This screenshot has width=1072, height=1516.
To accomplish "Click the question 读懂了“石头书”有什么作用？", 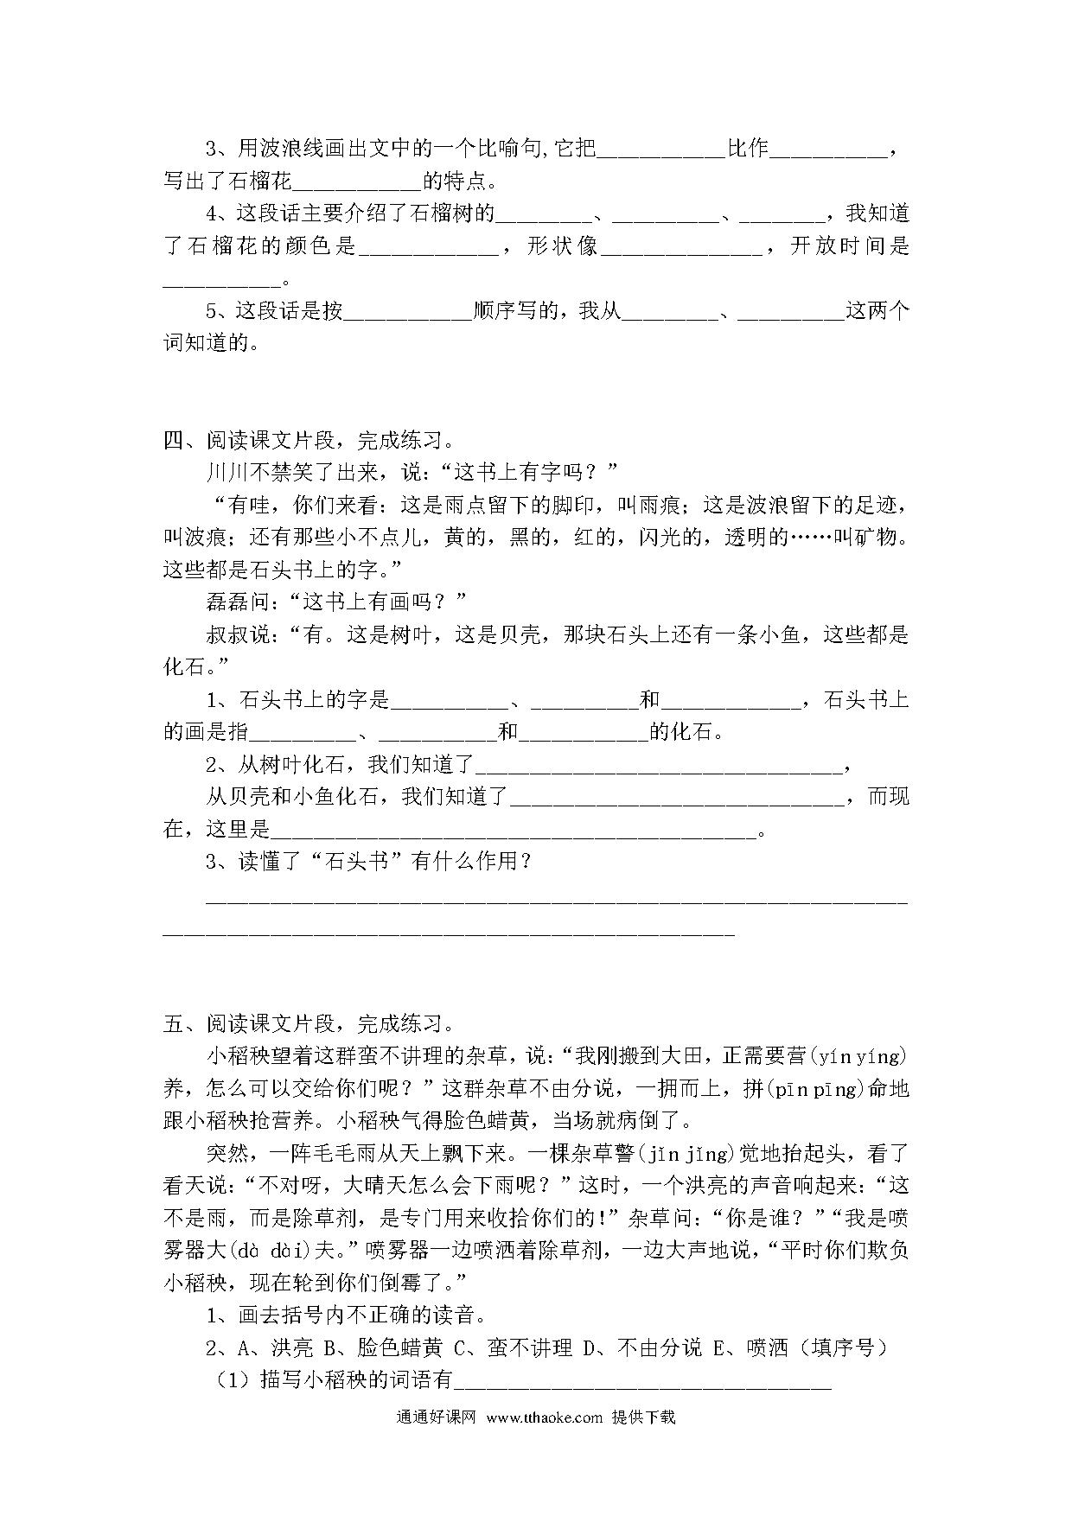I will point(370,862).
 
